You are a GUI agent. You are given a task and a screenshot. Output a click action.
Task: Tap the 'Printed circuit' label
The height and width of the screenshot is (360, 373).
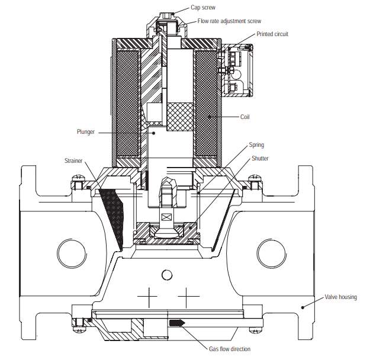[273, 34]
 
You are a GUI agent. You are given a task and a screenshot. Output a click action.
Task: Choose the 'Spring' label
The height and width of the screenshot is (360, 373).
[257, 145]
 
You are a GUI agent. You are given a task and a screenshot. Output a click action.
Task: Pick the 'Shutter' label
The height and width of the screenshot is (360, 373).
[259, 158]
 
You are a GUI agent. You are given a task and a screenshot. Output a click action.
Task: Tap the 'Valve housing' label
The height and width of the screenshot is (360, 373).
[340, 297]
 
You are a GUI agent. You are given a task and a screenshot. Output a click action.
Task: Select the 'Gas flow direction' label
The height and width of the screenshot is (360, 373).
[230, 349]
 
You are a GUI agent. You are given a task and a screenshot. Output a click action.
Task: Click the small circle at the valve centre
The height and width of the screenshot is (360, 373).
[167, 274]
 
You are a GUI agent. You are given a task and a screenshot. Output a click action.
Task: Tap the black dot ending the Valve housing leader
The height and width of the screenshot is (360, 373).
[302, 307]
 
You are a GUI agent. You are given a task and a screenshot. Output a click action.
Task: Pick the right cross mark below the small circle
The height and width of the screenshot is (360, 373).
[187, 294]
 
